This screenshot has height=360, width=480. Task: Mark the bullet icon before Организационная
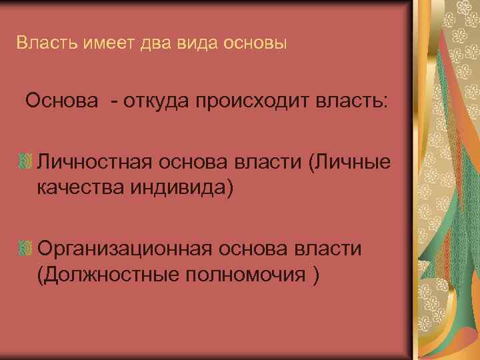coord(27,249)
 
